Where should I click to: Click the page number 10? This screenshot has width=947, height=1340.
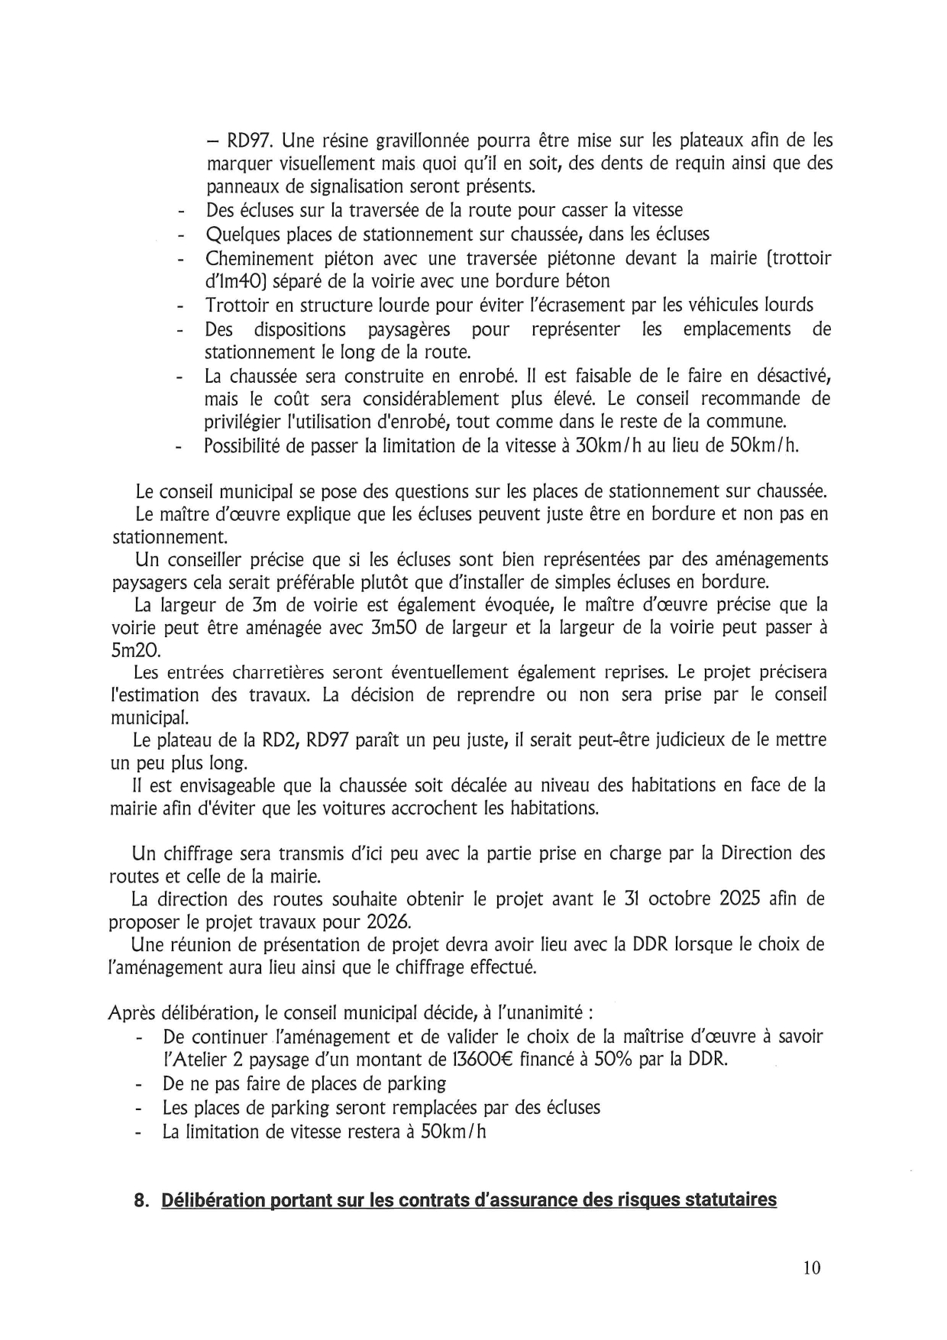point(811,1267)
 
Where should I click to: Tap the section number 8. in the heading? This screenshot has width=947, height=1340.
point(141,1200)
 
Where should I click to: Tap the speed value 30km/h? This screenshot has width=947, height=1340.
point(606,445)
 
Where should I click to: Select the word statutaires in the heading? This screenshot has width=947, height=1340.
point(730,1200)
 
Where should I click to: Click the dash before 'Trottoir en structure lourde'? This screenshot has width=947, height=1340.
point(181,306)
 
